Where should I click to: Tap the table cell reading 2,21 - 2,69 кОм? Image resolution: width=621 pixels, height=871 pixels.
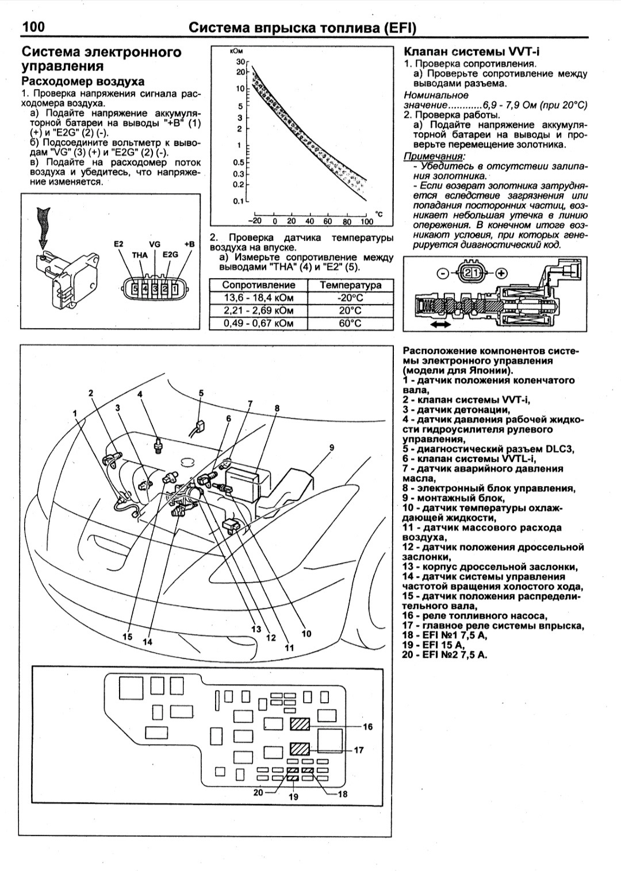(258, 310)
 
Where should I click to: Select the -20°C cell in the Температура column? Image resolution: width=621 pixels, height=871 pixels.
(350, 298)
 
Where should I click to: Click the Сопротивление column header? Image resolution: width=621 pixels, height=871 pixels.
(258, 285)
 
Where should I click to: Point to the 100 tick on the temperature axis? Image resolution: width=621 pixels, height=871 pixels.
(366, 221)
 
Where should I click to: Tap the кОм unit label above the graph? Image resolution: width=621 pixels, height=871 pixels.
(236, 52)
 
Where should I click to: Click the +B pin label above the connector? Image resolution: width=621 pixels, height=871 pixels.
(189, 244)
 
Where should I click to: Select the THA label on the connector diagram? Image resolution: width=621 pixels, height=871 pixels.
(140, 255)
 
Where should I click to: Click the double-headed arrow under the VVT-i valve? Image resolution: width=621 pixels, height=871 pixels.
(441, 325)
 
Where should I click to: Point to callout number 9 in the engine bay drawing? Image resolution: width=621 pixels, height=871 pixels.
(332, 448)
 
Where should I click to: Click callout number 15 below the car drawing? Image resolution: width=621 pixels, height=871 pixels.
(127, 637)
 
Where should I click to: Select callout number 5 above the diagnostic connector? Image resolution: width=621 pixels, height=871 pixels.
(201, 393)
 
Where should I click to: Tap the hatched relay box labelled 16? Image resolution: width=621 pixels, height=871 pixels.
(300, 724)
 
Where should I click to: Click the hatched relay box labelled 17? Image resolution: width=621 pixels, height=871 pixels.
(300, 749)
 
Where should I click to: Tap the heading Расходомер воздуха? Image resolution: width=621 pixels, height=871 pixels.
(83, 82)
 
